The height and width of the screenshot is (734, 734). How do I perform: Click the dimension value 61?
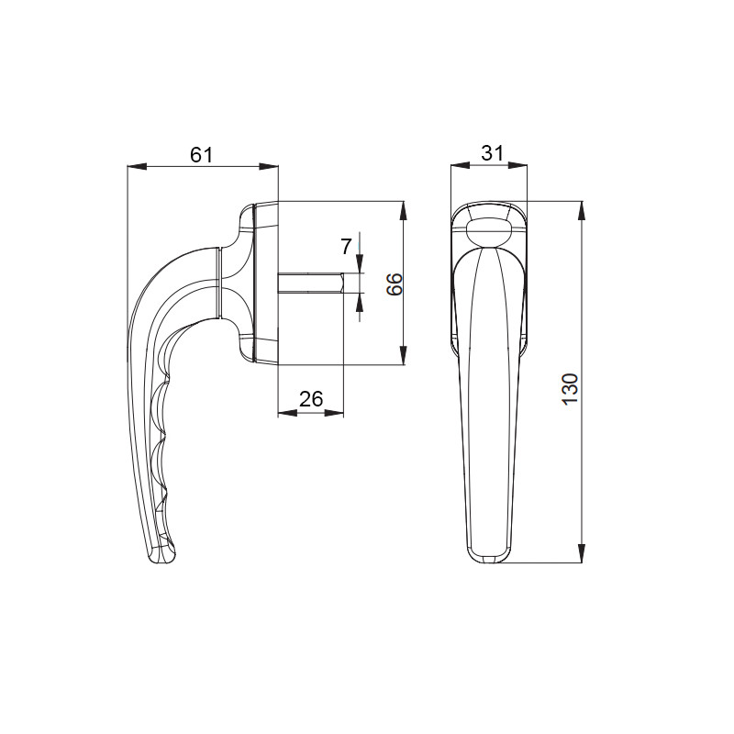point(202,154)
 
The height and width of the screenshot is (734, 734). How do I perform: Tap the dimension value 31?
point(492,153)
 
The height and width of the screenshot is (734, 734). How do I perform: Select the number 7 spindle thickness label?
point(346,247)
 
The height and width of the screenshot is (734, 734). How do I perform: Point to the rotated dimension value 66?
point(395,284)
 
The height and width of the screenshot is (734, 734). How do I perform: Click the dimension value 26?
point(311,399)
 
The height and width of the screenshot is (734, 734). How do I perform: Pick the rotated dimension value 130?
point(570,389)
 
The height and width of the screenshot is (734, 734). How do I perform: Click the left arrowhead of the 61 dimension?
point(137,166)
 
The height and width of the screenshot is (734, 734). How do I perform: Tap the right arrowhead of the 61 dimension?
point(269,166)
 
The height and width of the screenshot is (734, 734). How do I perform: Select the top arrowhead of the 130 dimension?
point(582,211)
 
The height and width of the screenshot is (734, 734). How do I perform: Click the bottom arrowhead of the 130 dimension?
point(582,553)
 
